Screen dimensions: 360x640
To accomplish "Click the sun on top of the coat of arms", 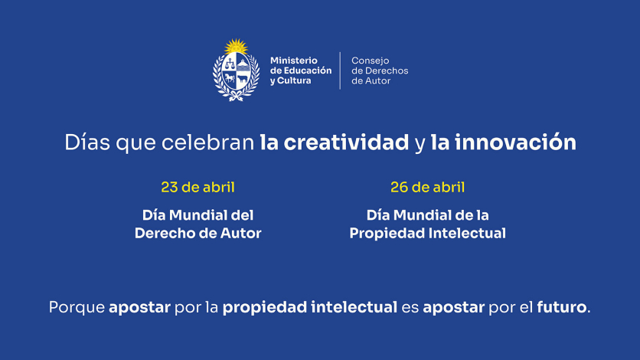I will pyautogui.click(x=237, y=47).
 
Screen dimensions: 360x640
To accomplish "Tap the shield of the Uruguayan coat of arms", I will pyautogui.click(x=237, y=73).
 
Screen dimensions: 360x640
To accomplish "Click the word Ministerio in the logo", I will pyautogui.click(x=293, y=61).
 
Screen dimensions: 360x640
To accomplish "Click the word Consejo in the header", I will pyautogui.click(x=371, y=61).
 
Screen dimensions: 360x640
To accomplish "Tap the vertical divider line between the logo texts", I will pyautogui.click(x=341, y=70).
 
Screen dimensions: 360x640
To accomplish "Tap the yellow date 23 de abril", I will pyautogui.click(x=198, y=188).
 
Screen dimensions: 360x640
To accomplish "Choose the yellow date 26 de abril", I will pyautogui.click(x=427, y=188).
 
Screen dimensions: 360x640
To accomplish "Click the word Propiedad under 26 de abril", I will pyautogui.click(x=384, y=234).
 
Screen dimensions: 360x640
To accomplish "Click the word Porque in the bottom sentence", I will pyautogui.click(x=77, y=308).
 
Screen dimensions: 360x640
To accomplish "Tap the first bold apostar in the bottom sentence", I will pyautogui.click(x=139, y=308).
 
